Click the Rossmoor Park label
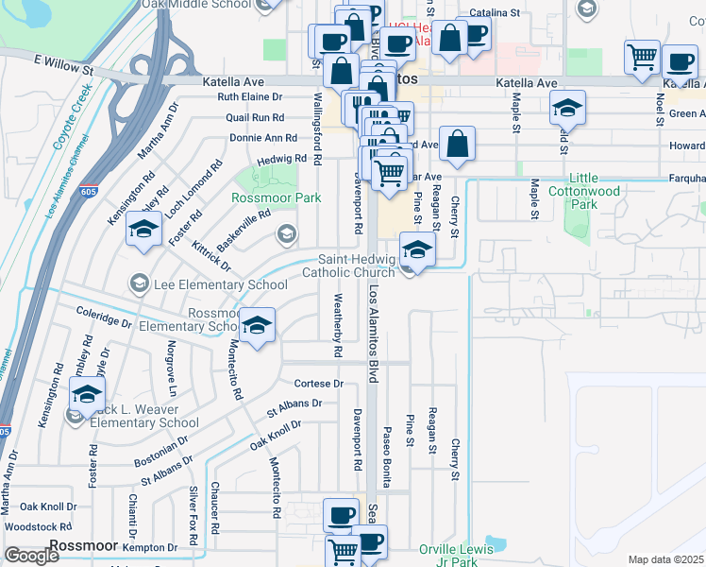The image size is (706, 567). [x=277, y=198]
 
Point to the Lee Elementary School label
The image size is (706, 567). [x=220, y=284]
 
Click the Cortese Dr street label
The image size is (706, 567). [x=318, y=384]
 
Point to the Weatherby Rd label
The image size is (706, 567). [x=337, y=325]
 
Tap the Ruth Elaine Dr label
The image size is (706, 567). [x=250, y=97]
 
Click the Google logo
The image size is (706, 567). [x=31, y=555]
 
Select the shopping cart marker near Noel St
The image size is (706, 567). [x=642, y=59]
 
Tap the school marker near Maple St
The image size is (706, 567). [x=567, y=109]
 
